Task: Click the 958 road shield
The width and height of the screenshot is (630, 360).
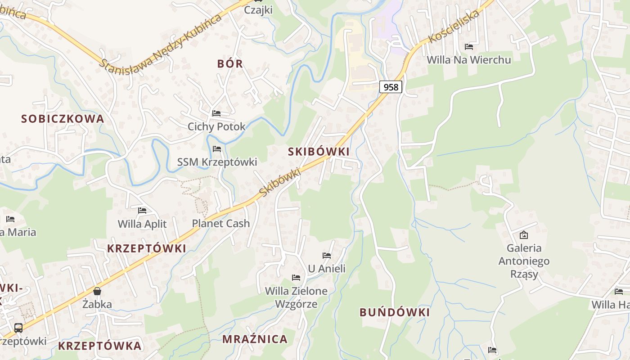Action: coord(391,87)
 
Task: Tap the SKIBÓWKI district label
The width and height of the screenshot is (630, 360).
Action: coord(319,152)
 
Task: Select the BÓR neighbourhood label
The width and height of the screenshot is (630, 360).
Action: coord(230,64)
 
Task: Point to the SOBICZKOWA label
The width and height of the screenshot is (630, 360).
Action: coord(63,119)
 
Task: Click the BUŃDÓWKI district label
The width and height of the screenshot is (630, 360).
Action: coord(395,312)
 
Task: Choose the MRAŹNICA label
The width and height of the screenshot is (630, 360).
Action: coord(255,339)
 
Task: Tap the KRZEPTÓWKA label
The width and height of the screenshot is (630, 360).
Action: coord(100,346)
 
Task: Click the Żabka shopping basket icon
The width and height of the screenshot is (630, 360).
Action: coord(97,291)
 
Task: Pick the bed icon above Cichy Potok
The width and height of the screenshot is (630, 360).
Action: coord(216,113)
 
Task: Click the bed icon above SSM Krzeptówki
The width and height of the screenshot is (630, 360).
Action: coord(217,149)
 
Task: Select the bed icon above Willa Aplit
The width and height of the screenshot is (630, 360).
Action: coord(142,210)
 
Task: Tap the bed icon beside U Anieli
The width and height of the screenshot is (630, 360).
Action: coord(327,256)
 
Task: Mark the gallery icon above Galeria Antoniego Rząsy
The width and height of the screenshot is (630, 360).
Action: coord(524,235)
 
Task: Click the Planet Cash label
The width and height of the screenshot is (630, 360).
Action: coord(221,223)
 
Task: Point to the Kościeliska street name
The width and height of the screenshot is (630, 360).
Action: coord(454,27)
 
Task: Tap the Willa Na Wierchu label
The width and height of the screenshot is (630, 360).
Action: coord(468,60)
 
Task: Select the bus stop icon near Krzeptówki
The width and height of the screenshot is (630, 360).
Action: coord(18,328)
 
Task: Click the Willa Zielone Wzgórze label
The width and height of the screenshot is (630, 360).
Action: coord(296,297)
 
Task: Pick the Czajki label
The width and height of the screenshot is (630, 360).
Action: coord(258,9)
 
